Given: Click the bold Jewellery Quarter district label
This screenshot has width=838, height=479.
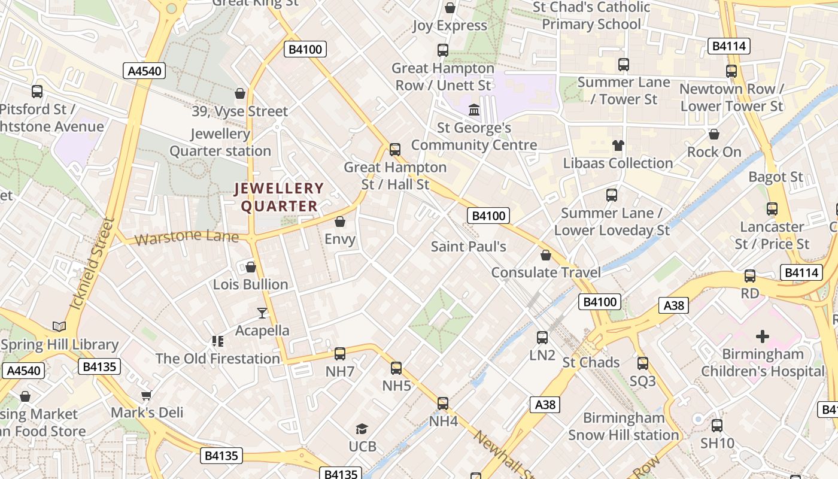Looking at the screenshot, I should pos(279,198).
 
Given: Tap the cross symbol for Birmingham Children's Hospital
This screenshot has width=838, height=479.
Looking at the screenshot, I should pos(763,336).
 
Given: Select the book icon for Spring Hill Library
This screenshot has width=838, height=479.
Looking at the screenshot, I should pos(59,326).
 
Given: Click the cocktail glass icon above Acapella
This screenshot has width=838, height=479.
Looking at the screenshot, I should pos(262,313).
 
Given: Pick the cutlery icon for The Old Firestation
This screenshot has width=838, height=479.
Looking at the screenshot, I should pos(218,341).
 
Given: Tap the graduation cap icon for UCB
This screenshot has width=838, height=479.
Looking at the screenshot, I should pos(362,429).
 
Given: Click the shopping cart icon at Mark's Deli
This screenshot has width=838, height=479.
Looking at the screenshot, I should pos(147,395).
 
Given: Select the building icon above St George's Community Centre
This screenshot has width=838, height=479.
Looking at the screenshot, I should pos(474,110).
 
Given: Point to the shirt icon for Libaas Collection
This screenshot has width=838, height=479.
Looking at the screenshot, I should pos(618,145).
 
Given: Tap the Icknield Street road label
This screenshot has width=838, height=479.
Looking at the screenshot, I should pos(92,263).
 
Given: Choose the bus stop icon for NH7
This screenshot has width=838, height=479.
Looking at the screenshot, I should pos(340,354).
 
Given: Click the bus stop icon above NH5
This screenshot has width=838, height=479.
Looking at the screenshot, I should pos(396,368).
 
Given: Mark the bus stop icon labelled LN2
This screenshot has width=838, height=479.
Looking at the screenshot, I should pos(542,338).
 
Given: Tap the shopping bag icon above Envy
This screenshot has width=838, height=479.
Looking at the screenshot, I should pos(340,222).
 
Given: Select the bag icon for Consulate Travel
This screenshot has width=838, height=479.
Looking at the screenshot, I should pos(546,256).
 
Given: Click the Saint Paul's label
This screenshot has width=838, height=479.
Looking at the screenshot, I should pos(469,246).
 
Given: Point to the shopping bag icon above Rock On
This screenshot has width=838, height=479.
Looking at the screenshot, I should pos(713,134).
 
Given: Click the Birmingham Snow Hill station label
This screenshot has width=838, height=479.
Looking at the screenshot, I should pos(624,426).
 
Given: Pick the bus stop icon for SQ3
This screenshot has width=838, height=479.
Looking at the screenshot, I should pos(643,363).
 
